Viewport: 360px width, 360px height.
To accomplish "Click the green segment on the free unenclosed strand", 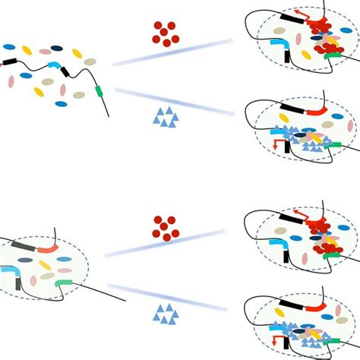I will pyautogui.click(x=99, y=93).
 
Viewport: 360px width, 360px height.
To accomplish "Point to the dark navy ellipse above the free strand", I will pyautogui.click(x=57, y=48).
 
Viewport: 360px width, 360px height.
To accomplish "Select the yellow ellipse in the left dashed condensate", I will pyautogui.click(x=45, y=266).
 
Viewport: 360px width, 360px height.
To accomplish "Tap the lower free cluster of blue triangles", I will pyautogui.click(x=164, y=311).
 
